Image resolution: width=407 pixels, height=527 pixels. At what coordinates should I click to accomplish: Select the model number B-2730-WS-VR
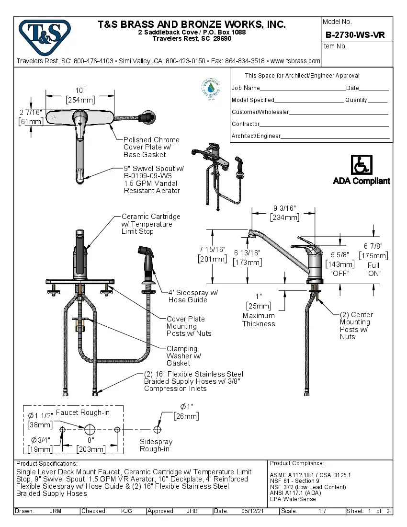click(x=355, y=34)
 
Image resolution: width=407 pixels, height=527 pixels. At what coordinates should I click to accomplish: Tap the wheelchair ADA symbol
click(x=362, y=165)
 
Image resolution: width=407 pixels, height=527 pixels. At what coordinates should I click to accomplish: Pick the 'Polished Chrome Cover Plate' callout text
click(x=151, y=147)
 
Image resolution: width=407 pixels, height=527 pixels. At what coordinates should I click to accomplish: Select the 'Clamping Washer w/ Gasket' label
click(x=183, y=356)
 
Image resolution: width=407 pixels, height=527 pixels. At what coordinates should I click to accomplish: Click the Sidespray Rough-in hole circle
click(x=157, y=430)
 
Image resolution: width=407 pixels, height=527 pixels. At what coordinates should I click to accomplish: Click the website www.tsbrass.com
click(x=295, y=61)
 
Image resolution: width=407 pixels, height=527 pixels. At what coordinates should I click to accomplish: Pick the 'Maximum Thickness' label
click(x=259, y=320)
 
